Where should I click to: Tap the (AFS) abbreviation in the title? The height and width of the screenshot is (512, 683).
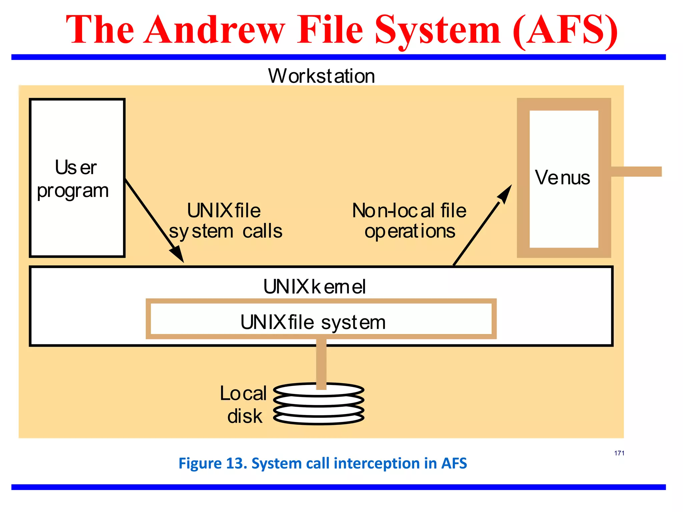[565, 31]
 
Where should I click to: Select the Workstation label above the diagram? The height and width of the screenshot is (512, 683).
[321, 76]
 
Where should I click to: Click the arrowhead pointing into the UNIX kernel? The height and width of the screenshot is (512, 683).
[178, 255]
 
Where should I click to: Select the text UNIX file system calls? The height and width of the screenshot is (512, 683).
[225, 221]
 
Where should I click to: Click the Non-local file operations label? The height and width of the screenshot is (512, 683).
[409, 221]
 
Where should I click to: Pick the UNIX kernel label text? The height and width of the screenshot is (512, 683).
[314, 287]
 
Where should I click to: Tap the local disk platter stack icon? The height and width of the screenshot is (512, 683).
[318, 404]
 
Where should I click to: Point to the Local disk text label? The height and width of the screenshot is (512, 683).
[243, 404]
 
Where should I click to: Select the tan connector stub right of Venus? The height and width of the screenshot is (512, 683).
[636, 172]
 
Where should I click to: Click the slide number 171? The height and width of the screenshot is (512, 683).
[619, 453]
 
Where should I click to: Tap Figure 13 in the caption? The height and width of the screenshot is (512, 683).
[212, 463]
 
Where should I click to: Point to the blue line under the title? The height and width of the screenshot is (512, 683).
[338, 57]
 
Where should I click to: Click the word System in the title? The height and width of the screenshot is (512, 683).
[438, 31]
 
